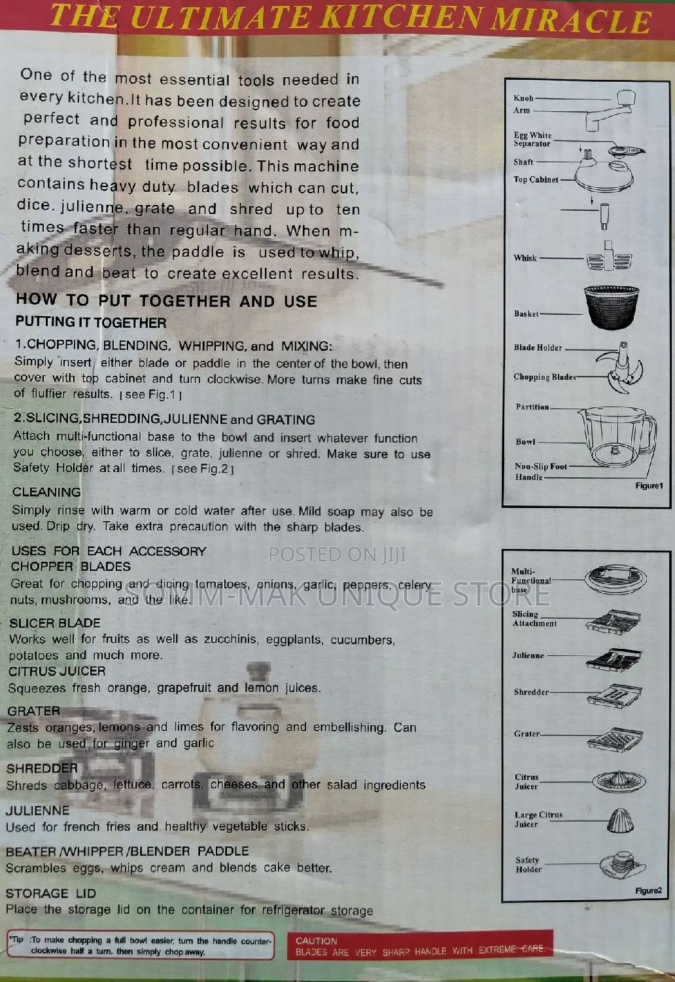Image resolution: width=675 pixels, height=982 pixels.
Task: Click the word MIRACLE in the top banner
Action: pos(571,20)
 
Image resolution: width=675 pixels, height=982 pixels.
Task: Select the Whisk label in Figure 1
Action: pos(525,258)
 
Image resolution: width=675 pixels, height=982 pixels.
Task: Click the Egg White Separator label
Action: pos(532,139)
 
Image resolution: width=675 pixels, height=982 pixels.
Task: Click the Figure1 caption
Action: pos(649,486)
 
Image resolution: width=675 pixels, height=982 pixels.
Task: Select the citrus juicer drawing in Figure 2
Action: pos(619,781)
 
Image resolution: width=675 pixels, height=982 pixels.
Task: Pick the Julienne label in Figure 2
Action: pos(528,656)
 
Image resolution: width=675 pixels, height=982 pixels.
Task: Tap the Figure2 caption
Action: pos(648,891)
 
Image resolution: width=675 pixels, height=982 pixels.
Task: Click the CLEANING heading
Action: pos(46,492)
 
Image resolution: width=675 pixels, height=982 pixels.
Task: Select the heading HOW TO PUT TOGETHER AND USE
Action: pos(166,300)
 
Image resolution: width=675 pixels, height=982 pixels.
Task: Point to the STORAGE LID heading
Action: pos(51,893)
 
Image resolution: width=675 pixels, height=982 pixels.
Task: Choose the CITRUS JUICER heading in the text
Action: pos(57,671)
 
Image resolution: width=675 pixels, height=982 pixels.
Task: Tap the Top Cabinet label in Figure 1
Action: pos(536,179)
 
